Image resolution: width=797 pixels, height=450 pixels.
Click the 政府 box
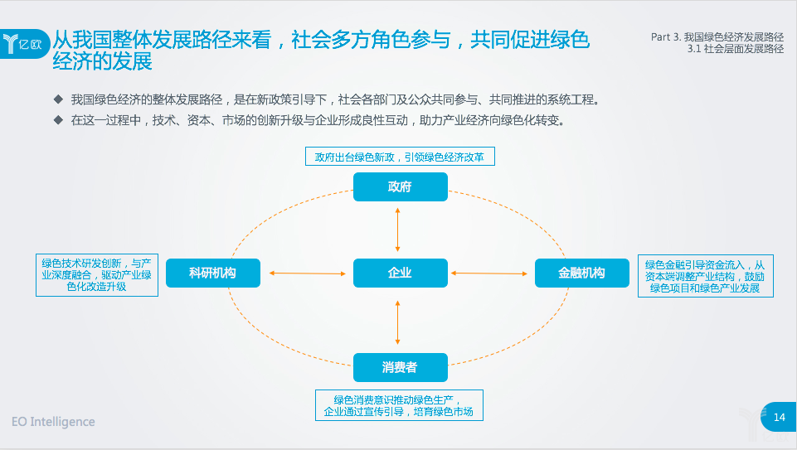click(401, 187)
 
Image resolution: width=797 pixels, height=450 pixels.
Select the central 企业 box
click(401, 273)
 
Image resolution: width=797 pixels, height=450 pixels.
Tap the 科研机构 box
click(213, 273)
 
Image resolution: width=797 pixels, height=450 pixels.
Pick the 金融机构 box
click(582, 273)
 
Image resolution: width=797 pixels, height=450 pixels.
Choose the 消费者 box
click(401, 367)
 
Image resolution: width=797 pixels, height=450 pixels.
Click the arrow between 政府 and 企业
click(397, 230)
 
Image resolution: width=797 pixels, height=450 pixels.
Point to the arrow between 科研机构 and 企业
click(308, 273)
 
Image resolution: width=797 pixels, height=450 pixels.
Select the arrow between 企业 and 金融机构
click(489, 273)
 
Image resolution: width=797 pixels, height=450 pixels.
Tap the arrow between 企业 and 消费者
click(397, 322)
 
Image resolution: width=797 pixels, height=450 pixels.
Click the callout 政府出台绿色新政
click(400, 157)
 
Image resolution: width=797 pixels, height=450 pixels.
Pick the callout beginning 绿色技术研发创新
click(97, 275)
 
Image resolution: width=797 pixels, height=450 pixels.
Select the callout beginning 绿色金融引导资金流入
click(706, 276)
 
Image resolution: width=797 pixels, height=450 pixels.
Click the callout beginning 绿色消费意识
click(399, 405)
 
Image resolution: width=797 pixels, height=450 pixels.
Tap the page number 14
click(780, 417)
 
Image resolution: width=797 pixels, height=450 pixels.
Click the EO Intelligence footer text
click(53, 422)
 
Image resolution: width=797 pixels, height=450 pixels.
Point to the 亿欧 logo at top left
click(23, 44)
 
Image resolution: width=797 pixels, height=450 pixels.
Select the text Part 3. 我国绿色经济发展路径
click(717, 37)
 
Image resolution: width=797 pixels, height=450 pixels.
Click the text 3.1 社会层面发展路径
click(736, 49)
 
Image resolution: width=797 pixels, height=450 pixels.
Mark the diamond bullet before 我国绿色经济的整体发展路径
click(58, 99)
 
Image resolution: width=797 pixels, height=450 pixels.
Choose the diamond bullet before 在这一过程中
click(58, 120)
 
